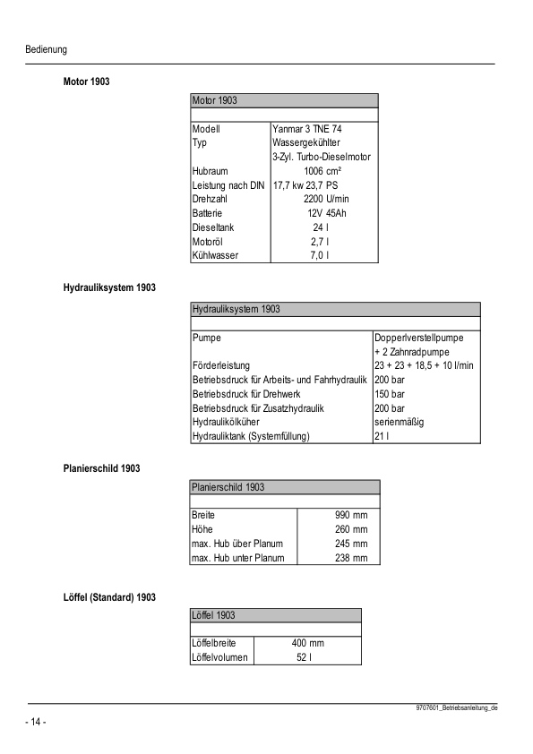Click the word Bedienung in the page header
click(47, 49)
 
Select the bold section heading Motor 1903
click(86, 81)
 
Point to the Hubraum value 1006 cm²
click(322, 171)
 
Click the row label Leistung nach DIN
click(228, 185)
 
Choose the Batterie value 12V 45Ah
click(326, 213)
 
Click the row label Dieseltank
click(213, 227)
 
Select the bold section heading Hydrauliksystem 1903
click(109, 287)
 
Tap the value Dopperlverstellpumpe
click(421, 338)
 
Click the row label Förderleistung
click(221, 366)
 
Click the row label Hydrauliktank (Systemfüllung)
click(251, 436)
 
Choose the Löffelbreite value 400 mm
click(308, 643)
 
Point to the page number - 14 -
click(36, 722)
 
